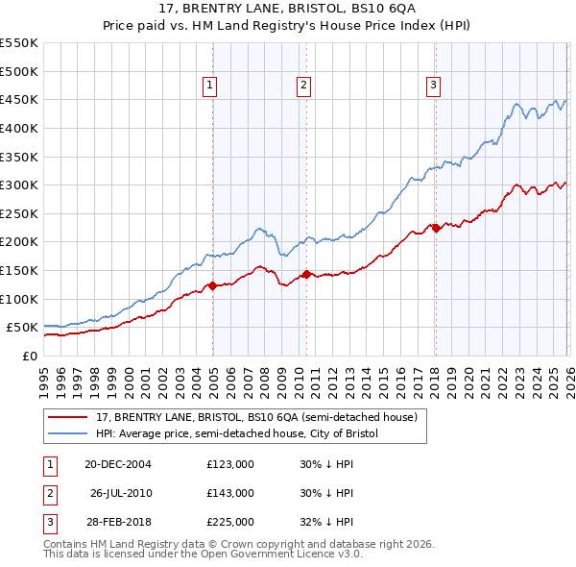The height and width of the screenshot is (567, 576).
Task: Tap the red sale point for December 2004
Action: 212,285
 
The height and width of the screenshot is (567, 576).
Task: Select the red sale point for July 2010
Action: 306,274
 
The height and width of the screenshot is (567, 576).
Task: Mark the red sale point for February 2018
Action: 435,228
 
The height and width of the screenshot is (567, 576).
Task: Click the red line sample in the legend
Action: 67,418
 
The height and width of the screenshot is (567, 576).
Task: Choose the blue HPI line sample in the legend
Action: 67,434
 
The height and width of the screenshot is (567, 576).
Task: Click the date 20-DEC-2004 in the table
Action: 117,464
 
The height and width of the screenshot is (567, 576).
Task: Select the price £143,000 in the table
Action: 229,493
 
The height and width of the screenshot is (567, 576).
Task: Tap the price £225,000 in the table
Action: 229,522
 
